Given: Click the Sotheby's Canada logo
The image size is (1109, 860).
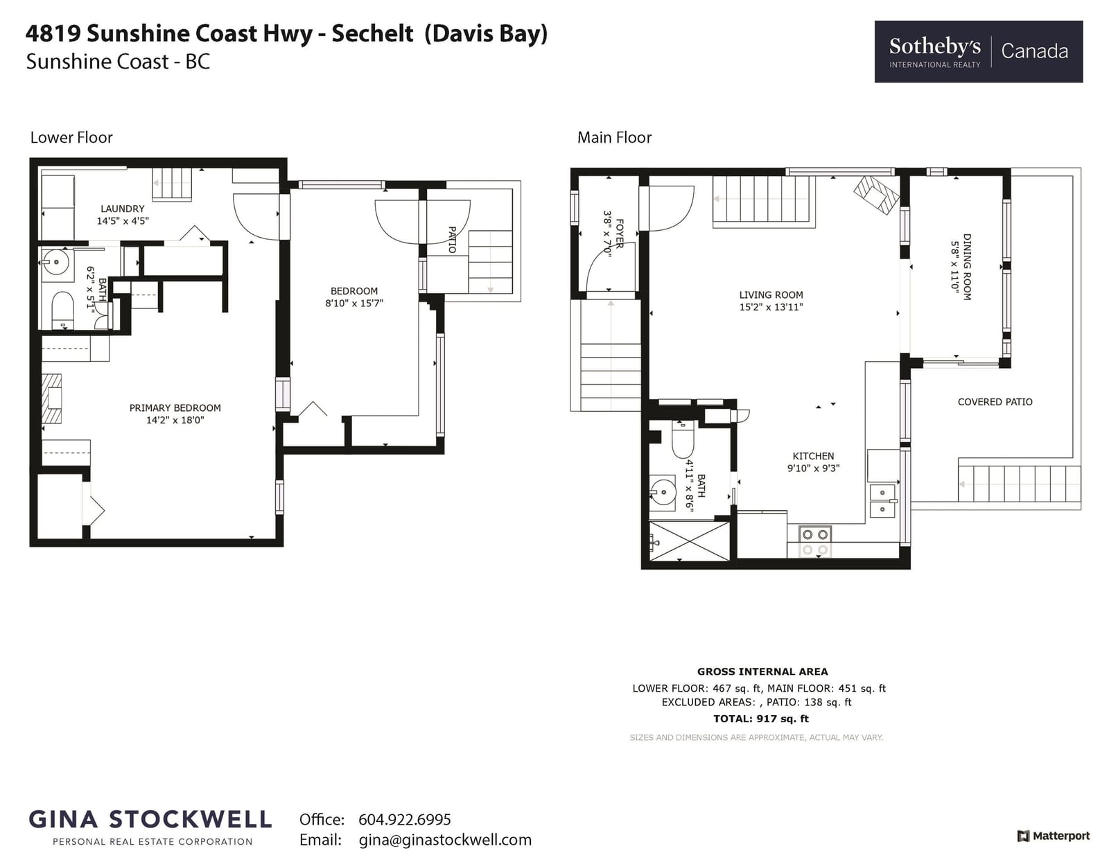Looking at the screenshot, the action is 978,51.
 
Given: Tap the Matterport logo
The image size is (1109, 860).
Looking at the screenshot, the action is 1053,836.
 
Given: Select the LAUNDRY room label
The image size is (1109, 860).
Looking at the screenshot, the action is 122,209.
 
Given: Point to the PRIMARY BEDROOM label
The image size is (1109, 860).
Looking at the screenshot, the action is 175,407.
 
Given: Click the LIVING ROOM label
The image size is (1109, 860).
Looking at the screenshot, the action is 771,295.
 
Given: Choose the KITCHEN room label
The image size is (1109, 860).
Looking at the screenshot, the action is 813,456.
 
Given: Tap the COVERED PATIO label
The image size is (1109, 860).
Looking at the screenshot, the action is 995,402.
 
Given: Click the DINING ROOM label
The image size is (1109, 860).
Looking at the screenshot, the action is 967,267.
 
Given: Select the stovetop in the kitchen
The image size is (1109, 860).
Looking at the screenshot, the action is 815,542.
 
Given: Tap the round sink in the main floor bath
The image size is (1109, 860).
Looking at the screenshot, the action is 662,492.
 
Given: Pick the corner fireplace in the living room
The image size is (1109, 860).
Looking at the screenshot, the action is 876,194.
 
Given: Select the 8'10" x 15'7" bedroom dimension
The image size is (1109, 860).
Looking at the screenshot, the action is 354,303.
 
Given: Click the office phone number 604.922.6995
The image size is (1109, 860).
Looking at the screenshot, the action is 405,819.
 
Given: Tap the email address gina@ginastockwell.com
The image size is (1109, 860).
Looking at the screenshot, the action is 445,840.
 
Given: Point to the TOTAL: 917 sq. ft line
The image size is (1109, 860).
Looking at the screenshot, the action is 761,719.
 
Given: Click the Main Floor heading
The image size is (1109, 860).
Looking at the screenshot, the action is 615,137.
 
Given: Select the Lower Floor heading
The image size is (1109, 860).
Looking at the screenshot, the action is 71,137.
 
